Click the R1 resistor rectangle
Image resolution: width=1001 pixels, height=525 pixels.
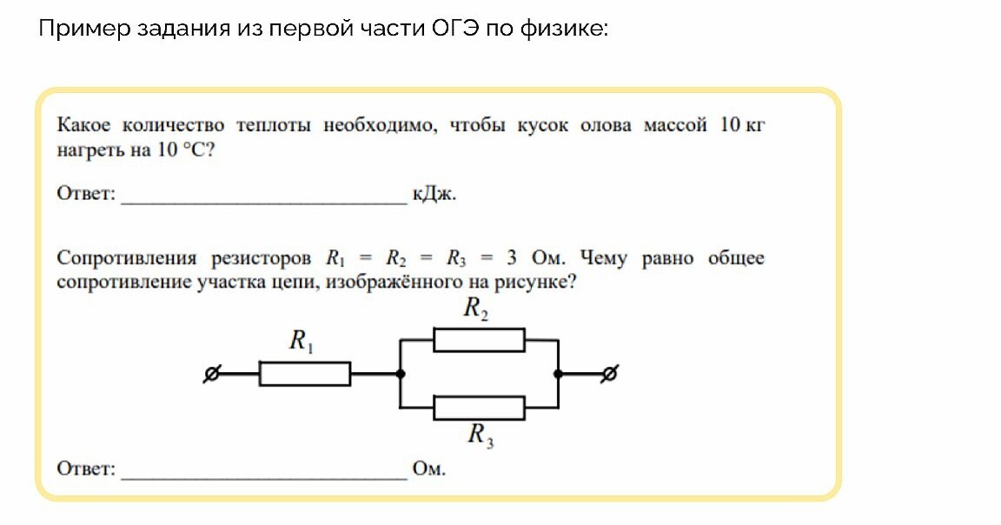click(x=305, y=374)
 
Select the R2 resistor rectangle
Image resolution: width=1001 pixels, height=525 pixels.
click(x=479, y=340)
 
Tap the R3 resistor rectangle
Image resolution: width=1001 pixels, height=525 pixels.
click(x=479, y=407)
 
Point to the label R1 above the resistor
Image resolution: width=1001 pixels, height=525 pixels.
click(x=302, y=342)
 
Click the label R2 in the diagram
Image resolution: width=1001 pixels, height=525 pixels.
click(x=475, y=308)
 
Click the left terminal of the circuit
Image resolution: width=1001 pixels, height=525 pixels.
click(x=209, y=375)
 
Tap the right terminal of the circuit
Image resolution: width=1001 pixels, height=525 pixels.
click(x=610, y=375)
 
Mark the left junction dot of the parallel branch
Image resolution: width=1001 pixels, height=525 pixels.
click(x=400, y=375)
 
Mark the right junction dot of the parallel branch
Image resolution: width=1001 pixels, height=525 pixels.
click(x=558, y=375)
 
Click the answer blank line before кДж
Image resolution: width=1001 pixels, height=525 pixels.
click(x=264, y=200)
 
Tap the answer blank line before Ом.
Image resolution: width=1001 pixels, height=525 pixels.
click(x=264, y=476)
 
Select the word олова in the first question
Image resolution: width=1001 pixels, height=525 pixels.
click(x=605, y=125)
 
